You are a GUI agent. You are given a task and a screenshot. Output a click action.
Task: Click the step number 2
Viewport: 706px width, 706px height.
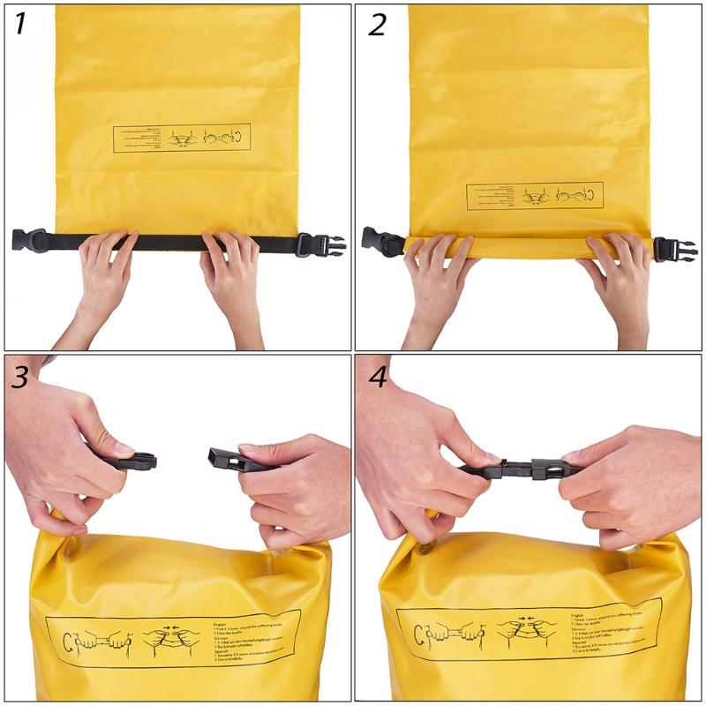pyautogui.click(x=377, y=24)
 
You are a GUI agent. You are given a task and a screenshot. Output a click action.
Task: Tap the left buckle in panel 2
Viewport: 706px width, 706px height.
pyautogui.click(x=381, y=241)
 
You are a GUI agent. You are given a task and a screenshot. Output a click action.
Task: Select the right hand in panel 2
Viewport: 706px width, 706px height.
pyautogui.click(x=618, y=274)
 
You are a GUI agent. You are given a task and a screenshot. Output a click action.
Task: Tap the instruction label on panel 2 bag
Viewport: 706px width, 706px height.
pyautogui.click(x=535, y=196)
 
